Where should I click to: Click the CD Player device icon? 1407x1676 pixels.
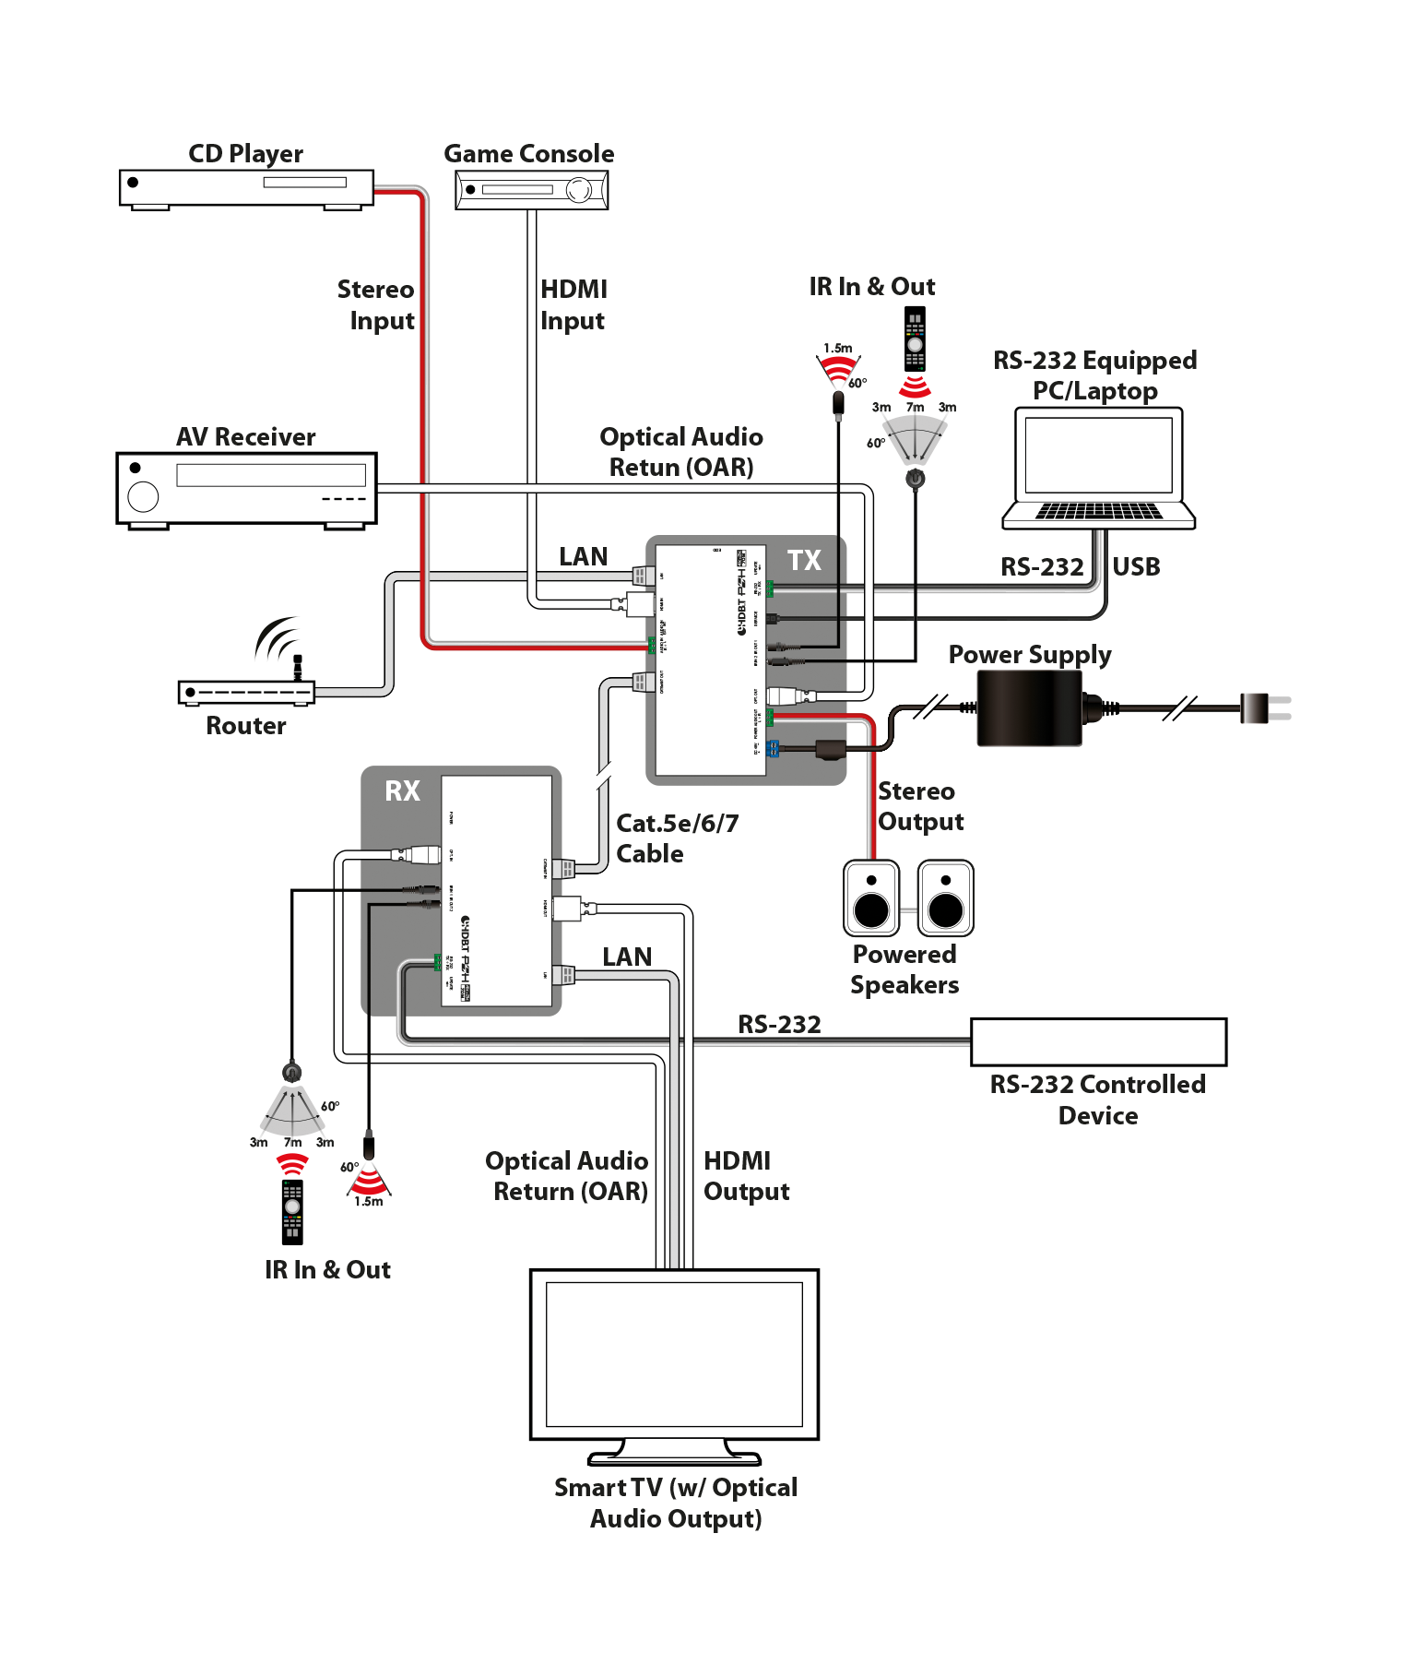coord(246,187)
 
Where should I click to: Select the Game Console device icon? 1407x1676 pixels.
coord(531,190)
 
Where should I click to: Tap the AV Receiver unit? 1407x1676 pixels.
coord(246,489)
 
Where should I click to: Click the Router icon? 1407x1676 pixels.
coord(246,691)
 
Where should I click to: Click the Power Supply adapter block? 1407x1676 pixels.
coord(1029,707)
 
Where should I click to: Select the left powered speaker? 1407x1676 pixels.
coord(871,898)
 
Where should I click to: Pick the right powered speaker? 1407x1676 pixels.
coord(945,898)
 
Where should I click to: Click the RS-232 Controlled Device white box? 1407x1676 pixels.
coord(1098,1042)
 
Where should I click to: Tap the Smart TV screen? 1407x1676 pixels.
coord(674,1353)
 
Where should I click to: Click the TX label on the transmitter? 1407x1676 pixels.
coord(804,560)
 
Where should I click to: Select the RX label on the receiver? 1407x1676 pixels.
coord(402,790)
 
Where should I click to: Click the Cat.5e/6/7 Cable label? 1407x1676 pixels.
coord(677,838)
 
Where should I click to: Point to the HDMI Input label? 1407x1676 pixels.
coord(573,304)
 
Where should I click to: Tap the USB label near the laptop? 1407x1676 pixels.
coord(1136,567)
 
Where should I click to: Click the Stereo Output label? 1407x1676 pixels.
coord(920,806)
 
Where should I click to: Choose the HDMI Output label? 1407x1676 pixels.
coord(746,1176)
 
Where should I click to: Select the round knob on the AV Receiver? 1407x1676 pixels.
coord(143,497)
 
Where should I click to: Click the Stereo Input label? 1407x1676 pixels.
coord(376,304)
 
